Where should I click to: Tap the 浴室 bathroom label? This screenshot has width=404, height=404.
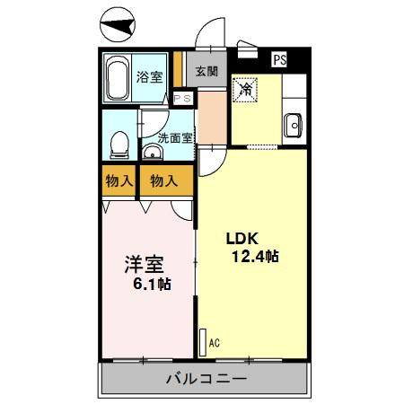[149, 78]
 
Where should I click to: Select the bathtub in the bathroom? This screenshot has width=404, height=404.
[117, 79]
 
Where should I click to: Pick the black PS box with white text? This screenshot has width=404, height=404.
[280, 60]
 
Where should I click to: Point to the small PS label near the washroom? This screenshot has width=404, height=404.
[182, 99]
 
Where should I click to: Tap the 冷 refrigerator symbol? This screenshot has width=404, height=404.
[246, 89]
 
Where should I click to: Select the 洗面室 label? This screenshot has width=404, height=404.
[175, 137]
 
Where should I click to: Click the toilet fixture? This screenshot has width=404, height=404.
[119, 144]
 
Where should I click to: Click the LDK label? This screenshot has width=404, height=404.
[242, 239]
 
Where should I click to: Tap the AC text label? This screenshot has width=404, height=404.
[214, 341]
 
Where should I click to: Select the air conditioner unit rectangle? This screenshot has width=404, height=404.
[201, 340]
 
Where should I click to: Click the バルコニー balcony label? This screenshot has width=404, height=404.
[206, 378]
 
